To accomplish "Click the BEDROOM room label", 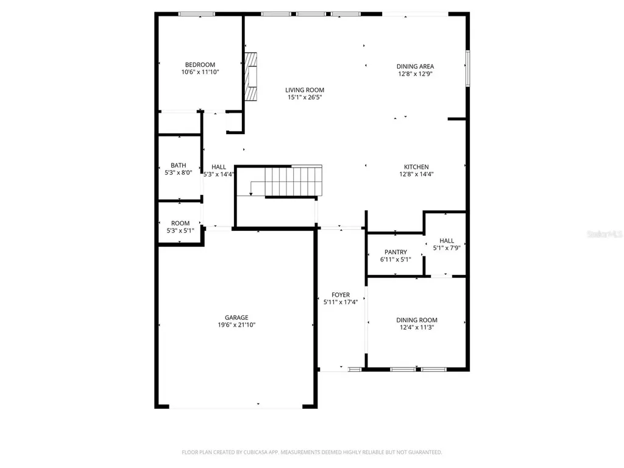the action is coord(200,65).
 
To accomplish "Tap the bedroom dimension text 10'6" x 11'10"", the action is coord(200,72).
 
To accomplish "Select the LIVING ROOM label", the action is coord(305,90).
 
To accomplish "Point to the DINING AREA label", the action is coord(415,66).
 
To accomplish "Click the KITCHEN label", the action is coord(416,167).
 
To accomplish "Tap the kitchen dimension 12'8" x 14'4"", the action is coord(416,174).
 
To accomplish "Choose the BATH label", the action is coord(179,165).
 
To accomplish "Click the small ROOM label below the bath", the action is coord(180,223).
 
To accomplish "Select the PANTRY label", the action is coord(395,252).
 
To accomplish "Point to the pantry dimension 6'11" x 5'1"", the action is coord(395,260).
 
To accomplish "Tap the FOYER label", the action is coord(341,294).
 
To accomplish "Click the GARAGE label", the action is coord(236,317).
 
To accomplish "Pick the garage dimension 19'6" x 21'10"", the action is coord(236,325).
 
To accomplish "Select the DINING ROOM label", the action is coord(417,320).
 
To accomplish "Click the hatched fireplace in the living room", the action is coord(250,77).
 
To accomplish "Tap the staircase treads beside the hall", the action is coord(293,182).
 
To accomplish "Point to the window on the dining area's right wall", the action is coord(467,68).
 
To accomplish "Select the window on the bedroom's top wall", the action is coord(197,14).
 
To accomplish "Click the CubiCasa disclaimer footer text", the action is coord(312,452).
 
